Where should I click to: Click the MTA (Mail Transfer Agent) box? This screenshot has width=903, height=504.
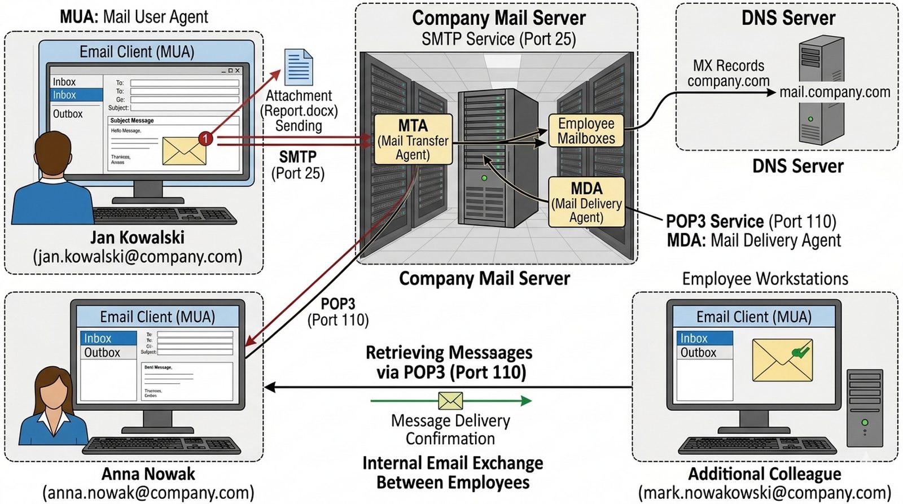point(413,139)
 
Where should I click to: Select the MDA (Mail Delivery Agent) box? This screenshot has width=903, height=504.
point(586,202)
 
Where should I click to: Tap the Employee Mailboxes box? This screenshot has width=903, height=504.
point(586,131)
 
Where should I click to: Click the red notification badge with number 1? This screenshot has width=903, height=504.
point(206,138)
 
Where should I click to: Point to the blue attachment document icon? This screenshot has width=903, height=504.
point(299,67)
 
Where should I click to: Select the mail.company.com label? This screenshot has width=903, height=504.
point(834,92)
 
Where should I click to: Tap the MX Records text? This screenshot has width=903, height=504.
point(728,65)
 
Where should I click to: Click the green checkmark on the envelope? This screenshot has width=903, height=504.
point(800,352)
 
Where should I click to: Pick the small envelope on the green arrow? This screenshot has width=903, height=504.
point(450,401)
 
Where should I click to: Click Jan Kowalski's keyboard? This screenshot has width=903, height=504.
point(164,215)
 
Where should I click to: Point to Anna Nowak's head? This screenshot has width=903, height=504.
point(55,390)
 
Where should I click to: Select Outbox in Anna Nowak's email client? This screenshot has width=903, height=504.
point(102,353)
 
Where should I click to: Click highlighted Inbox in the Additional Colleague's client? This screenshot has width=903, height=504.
point(694,338)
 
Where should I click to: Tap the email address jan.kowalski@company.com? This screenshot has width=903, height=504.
point(138,257)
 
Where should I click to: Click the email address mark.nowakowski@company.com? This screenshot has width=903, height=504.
point(765,493)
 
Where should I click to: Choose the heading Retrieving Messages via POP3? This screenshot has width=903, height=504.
point(449,362)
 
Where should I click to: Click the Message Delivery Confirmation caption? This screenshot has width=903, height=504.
point(450,430)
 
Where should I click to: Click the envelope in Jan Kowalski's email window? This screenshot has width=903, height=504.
point(184,151)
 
